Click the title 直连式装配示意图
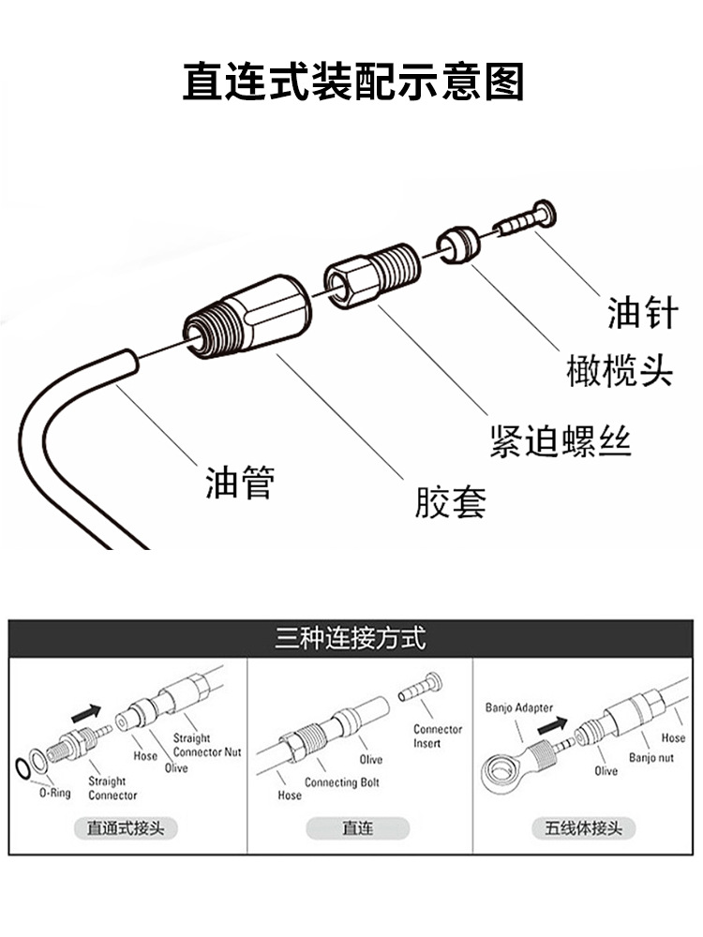(x=352, y=82)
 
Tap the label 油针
(x=641, y=312)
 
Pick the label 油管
(x=240, y=483)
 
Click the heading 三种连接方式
(x=351, y=640)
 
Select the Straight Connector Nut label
(x=206, y=745)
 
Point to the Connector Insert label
(x=438, y=736)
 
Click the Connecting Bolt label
(x=344, y=782)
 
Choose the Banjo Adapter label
(x=518, y=707)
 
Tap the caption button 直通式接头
(x=126, y=828)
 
